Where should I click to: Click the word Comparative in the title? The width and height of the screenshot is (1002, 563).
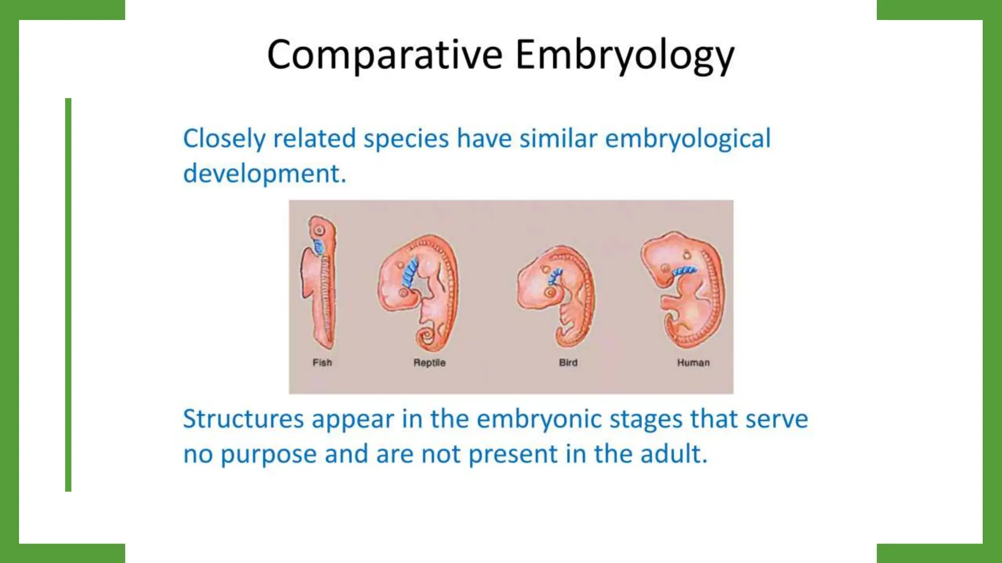[385, 55]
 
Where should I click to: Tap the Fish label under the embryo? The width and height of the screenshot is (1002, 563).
[322, 363]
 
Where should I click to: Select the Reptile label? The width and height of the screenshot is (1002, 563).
[429, 363]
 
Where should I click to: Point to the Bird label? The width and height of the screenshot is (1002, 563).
[568, 363]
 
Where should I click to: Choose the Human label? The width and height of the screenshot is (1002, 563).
[693, 363]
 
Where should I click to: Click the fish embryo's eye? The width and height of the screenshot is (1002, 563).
[319, 230]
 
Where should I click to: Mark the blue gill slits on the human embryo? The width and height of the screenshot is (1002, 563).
[684, 271]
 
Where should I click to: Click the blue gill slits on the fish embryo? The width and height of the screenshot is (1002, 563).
[319, 246]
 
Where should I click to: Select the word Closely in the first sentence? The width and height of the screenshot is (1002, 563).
[224, 139]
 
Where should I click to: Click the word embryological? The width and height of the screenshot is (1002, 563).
[687, 139]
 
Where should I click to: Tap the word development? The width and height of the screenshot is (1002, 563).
[264, 174]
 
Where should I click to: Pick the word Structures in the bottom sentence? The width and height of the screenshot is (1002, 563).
[243, 419]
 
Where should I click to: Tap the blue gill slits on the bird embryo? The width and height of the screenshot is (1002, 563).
[555, 276]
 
